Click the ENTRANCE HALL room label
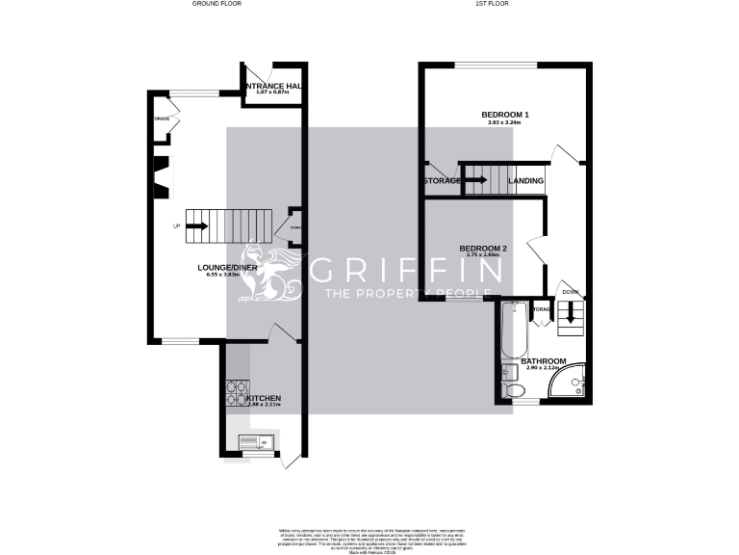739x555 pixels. click(x=273, y=86)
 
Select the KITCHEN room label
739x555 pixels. click(x=264, y=398)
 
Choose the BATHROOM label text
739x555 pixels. click(x=545, y=361)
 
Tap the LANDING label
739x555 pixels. click(x=526, y=181)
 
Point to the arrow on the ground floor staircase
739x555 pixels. click(x=197, y=227)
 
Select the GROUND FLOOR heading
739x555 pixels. click(x=217, y=4)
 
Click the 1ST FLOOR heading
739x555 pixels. click(x=492, y=4)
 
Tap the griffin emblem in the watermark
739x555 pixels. click(x=271, y=272)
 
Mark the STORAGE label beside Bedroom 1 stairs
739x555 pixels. click(x=442, y=181)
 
